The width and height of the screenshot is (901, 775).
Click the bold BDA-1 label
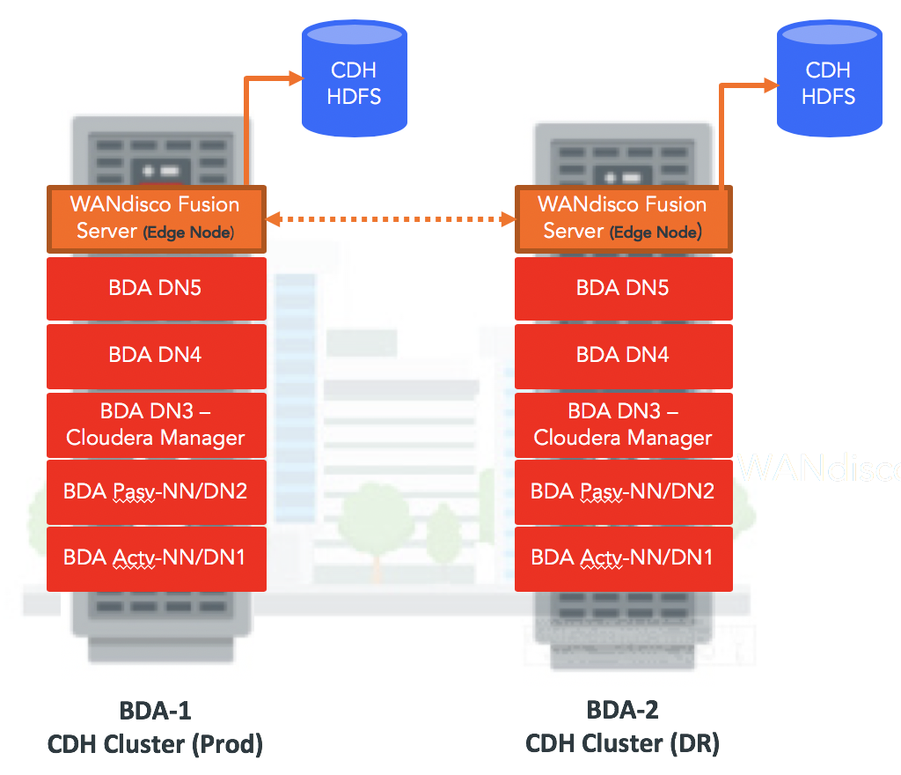(155, 710)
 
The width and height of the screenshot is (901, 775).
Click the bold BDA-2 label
(622, 710)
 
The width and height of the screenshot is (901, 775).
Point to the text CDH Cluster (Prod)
(155, 744)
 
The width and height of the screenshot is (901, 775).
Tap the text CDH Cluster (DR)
(622, 744)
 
